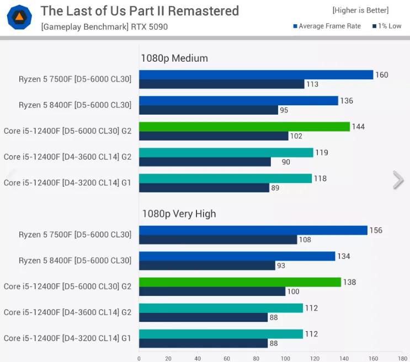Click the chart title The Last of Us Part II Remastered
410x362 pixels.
pos(140,11)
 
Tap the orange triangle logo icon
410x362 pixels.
pos(19,17)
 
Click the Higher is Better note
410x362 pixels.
pos(360,10)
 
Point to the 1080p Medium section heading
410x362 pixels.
pos(174,58)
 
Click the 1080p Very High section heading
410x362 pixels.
pos(179,214)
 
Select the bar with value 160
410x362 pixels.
pos(256,75)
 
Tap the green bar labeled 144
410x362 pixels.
pos(244,127)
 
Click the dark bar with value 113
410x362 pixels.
pos(221,84)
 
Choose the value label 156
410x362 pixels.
pos(376,230)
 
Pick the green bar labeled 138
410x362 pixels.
pos(240,282)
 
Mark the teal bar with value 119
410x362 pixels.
pos(226,153)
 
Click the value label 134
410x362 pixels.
pos(344,256)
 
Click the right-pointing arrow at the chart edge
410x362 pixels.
pos(398,180)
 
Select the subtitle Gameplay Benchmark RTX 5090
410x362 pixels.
pos(104,26)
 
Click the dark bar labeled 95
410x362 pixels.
pos(208,110)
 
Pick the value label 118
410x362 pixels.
pos(320,179)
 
